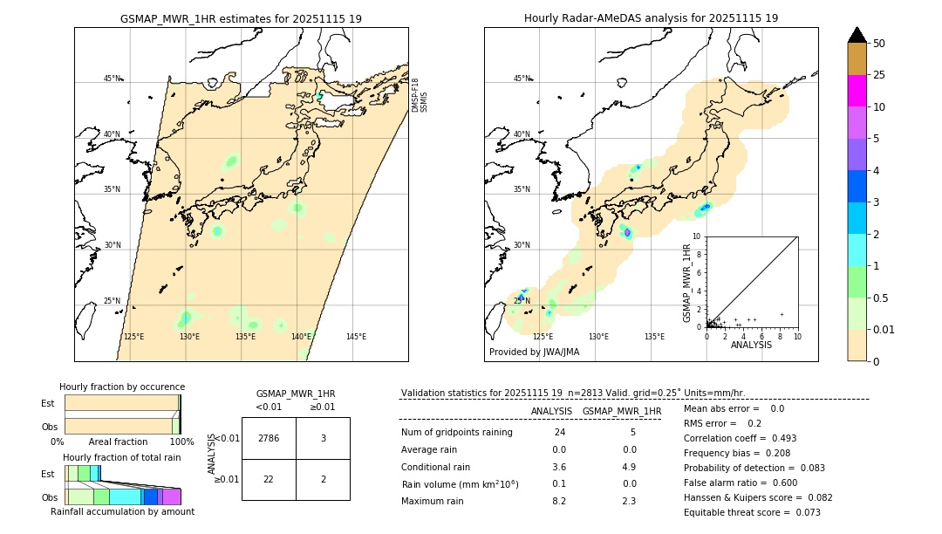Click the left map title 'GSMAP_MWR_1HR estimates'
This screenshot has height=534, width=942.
[x=241, y=18]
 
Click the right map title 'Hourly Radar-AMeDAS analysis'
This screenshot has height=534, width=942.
[x=651, y=18]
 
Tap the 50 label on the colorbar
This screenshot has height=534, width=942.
[x=879, y=44]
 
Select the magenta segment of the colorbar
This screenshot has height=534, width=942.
[x=857, y=91]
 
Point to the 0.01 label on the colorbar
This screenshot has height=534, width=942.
[x=884, y=329]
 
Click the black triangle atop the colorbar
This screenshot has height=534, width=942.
[x=857, y=35]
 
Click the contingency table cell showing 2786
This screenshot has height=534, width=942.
[x=269, y=438]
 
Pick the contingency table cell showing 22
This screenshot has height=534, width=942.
[x=269, y=480]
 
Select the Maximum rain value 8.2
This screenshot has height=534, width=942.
[x=559, y=501]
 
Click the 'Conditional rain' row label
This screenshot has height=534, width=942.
[x=437, y=467]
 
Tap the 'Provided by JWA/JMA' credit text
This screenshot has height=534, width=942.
[x=534, y=353]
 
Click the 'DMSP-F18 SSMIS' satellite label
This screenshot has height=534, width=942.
[x=420, y=95]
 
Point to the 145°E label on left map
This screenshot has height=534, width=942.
[x=356, y=337]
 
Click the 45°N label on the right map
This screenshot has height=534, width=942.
[x=522, y=79]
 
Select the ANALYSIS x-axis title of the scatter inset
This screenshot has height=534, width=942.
[x=751, y=345]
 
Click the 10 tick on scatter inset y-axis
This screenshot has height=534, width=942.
[x=697, y=236]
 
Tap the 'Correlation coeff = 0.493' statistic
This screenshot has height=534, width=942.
[x=740, y=438]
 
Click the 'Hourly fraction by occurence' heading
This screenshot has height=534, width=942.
[x=122, y=387]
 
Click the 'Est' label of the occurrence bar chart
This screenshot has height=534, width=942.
[x=48, y=403]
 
